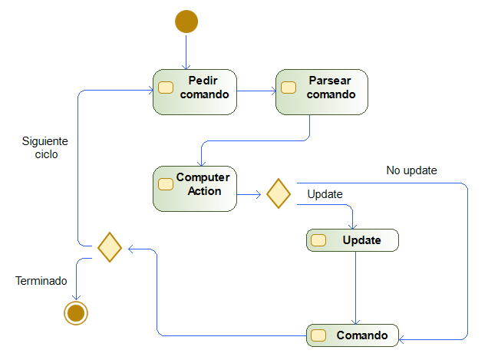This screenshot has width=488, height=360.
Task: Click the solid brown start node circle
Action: pyautogui.click(x=186, y=21)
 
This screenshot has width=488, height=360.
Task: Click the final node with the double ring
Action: pyautogui.click(x=76, y=313)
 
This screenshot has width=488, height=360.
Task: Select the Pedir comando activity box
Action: pyautogui.click(x=195, y=92)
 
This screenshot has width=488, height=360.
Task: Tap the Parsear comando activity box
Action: pyautogui.click(x=321, y=92)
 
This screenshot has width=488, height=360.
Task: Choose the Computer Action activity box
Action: pyautogui.click(x=195, y=189)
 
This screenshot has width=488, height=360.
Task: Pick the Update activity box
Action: pyautogui.click(x=352, y=240)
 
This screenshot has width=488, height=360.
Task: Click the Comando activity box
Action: pyautogui.click(x=352, y=335)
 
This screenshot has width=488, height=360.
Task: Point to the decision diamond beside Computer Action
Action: pyautogui.click(x=279, y=193)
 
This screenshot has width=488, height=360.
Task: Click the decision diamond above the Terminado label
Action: pyautogui.click(x=110, y=247)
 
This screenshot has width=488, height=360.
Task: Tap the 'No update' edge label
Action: pyautogui.click(x=411, y=170)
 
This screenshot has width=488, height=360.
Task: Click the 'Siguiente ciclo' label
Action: pyautogui.click(x=45, y=147)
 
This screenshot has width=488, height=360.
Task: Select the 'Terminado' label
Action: pyautogui.click(x=41, y=281)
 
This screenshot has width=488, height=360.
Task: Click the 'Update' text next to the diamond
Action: pyautogui.click(x=325, y=194)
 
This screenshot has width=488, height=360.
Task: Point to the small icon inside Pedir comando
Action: pyautogui.click(x=166, y=88)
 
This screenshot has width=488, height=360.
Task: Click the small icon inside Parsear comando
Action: pyautogui.click(x=289, y=88)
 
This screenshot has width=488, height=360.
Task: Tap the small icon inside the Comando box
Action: pyautogui.click(x=318, y=335)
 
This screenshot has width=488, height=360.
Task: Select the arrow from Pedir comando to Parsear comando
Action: pyautogui.click(x=256, y=91)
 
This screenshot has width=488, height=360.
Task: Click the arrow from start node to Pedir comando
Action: pyautogui.click(x=186, y=52)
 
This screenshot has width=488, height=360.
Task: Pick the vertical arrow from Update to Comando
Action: pyautogui.click(x=356, y=288)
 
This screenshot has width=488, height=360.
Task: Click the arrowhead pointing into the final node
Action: pyautogui.click(x=76, y=297)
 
